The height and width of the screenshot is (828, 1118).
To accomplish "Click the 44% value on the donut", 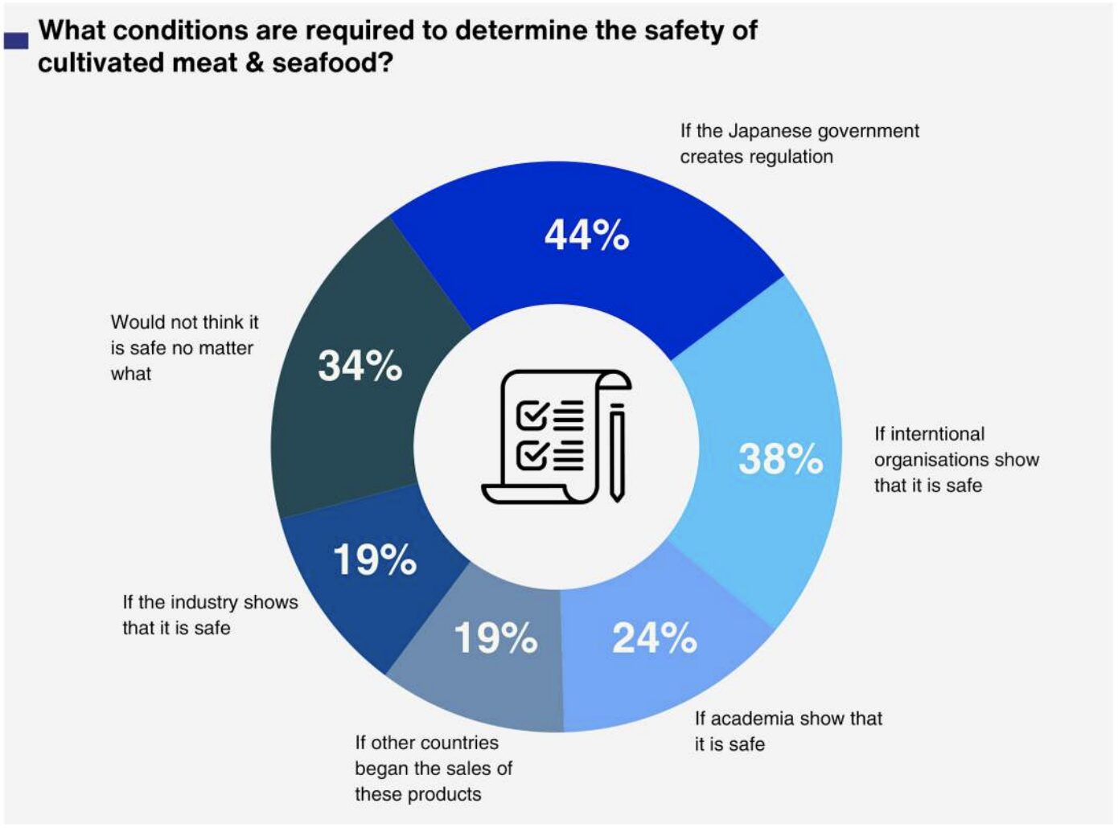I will click(586, 236).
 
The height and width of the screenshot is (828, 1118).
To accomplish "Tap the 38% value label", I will click(780, 459).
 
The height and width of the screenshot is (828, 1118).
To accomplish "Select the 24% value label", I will click(654, 638).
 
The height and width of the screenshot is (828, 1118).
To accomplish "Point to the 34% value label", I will click(360, 366).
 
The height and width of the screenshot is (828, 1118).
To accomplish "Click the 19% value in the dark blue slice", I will click(374, 560).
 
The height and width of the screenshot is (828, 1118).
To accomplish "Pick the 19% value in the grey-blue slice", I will click(495, 638).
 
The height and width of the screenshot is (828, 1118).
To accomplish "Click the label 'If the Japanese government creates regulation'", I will click(799, 144).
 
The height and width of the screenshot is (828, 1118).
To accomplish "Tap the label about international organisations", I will click(956, 460).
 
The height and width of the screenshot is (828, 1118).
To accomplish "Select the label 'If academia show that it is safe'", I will click(787, 731).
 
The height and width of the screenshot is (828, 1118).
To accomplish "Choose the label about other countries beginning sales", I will click(433, 769).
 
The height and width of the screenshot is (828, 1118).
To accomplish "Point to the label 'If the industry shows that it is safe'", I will click(209, 615).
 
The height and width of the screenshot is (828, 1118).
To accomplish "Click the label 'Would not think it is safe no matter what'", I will click(184, 348).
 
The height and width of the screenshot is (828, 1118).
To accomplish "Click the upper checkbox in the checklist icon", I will click(532, 416).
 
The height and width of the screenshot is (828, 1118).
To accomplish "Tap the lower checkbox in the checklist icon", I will click(532, 455).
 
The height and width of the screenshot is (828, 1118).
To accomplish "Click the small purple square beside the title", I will click(16, 40).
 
